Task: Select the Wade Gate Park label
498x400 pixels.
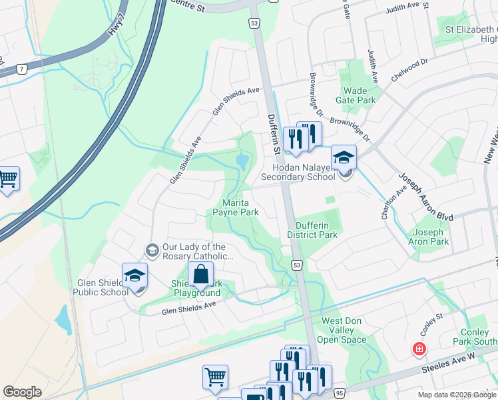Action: pos(359,95)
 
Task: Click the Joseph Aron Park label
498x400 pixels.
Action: pos(429,237)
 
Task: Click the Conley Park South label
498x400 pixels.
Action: pos(478,337)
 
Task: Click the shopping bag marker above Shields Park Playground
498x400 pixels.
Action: pos(200,274)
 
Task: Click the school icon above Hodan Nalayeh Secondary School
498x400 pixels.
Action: pos(344,157)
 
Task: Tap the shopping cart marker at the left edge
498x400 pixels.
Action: pos(7,178)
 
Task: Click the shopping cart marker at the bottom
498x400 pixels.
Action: pos(215,377)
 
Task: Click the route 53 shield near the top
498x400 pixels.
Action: pos(255,23)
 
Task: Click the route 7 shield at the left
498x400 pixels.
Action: pos(22,69)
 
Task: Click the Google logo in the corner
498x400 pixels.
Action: pos(22,392)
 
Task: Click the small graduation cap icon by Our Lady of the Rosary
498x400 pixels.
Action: pos(152,250)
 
